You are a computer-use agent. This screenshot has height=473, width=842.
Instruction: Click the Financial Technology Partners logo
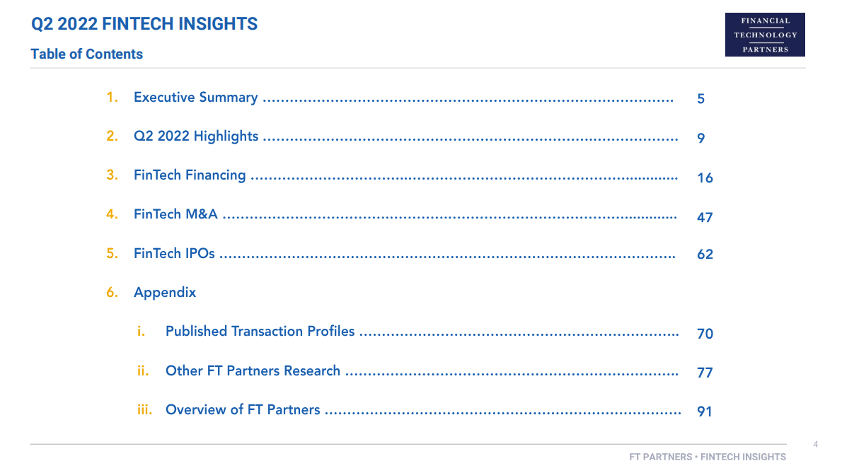[x=765, y=35]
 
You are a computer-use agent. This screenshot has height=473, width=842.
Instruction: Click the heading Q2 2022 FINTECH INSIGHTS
[x=144, y=24]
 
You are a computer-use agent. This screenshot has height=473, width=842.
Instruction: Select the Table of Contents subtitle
[x=86, y=54]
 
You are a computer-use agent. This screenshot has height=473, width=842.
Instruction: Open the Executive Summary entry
[x=195, y=98]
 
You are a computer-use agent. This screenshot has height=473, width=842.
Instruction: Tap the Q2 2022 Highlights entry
[x=196, y=136]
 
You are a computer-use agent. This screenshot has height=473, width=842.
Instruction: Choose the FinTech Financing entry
[x=190, y=175]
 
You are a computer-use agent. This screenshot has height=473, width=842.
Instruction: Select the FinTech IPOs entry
[x=174, y=252]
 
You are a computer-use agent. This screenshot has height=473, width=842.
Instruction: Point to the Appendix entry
[x=165, y=292]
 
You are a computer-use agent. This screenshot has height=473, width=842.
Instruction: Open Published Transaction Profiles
[x=260, y=331]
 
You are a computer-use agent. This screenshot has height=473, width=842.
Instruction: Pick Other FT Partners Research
[x=253, y=370]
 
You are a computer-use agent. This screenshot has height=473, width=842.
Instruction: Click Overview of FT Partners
[x=243, y=409]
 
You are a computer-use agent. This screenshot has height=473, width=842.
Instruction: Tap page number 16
[x=705, y=177]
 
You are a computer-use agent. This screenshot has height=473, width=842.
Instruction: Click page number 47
[x=705, y=217]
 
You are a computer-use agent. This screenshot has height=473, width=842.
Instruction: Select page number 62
[x=705, y=255]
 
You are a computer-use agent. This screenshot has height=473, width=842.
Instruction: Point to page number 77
[x=705, y=373]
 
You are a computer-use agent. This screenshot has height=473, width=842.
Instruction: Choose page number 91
[x=704, y=411]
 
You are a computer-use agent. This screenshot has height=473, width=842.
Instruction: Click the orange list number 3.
[x=112, y=175]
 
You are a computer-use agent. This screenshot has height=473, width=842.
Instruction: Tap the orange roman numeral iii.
[x=144, y=409]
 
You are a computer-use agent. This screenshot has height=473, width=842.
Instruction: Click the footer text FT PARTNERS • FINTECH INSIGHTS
[x=708, y=457]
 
